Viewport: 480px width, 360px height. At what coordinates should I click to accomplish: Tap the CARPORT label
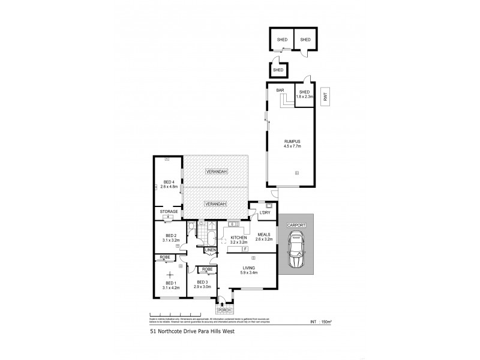(x=297, y=225)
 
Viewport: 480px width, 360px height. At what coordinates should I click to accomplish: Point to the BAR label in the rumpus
(x=280, y=90)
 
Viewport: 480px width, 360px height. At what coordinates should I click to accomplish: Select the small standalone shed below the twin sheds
(x=278, y=70)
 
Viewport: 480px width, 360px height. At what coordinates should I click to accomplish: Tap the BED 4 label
(x=169, y=184)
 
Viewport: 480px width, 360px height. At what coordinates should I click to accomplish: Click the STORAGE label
(x=168, y=212)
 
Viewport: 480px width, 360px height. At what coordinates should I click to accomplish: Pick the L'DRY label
(x=263, y=212)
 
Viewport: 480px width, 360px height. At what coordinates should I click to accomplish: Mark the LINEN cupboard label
(x=211, y=250)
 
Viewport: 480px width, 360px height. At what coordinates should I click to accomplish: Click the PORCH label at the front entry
(x=224, y=310)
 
